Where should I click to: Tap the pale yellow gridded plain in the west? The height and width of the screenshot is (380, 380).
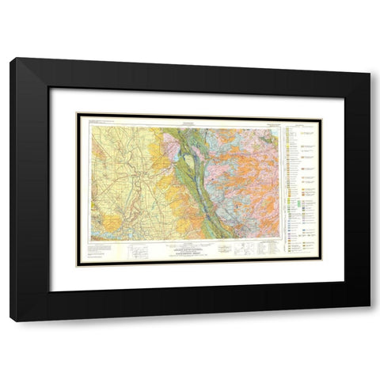[119, 166]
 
